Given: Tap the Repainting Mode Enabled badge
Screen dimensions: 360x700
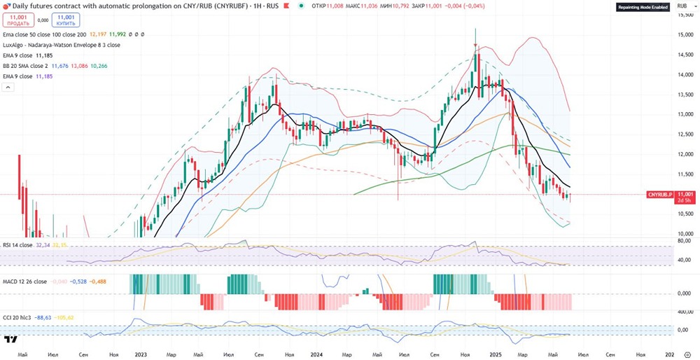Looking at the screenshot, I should point(642,8).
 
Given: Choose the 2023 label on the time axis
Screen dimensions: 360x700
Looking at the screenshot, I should point(141,355).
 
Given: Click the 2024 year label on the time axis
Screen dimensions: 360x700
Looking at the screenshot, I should point(316,355).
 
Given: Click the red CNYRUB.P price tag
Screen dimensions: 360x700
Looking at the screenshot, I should point(659,194).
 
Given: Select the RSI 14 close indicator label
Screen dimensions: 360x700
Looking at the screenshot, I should point(18,245).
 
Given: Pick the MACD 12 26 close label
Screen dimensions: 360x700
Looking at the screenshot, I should point(25,282).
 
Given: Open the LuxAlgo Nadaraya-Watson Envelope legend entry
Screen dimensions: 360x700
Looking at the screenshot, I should point(62,45).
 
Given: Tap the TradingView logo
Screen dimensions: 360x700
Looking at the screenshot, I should point(10,340).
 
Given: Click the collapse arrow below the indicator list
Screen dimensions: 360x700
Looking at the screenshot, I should point(9,87).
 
